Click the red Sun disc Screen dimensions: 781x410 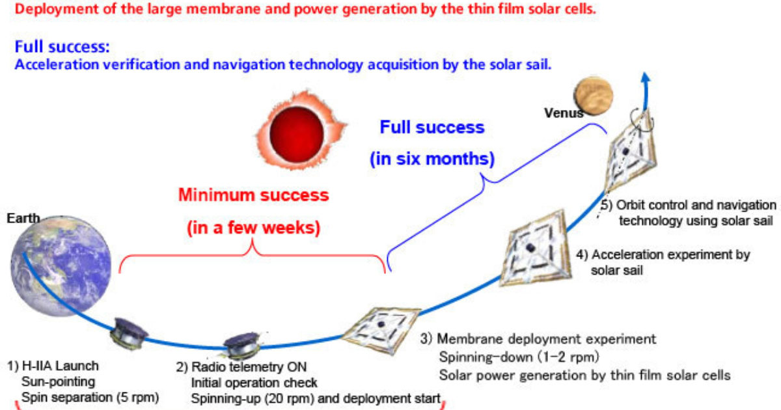[297, 134]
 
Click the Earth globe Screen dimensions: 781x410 [61, 266]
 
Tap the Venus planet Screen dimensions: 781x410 [594, 96]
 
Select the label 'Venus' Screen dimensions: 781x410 [564, 113]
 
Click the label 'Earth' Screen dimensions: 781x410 [23, 218]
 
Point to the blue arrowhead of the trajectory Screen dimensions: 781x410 [646, 77]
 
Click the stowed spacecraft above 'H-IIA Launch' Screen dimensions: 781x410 [129, 334]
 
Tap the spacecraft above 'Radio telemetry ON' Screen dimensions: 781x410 [242, 345]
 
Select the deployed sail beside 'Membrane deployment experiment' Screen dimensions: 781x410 [382, 329]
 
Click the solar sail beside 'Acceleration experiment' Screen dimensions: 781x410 [535, 248]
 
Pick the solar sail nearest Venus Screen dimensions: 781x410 [631, 152]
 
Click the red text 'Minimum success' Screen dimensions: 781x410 [253, 195]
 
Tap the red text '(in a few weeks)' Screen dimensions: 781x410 [253, 228]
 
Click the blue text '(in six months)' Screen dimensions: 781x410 [432, 159]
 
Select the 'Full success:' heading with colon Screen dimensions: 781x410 [62, 47]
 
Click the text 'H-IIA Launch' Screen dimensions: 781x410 [61, 366]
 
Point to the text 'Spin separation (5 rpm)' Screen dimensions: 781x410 [90, 398]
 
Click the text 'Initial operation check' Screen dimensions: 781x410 [254, 383]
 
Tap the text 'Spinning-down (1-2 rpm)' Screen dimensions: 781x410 [519, 357]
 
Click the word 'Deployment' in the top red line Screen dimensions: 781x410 [57, 9]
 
